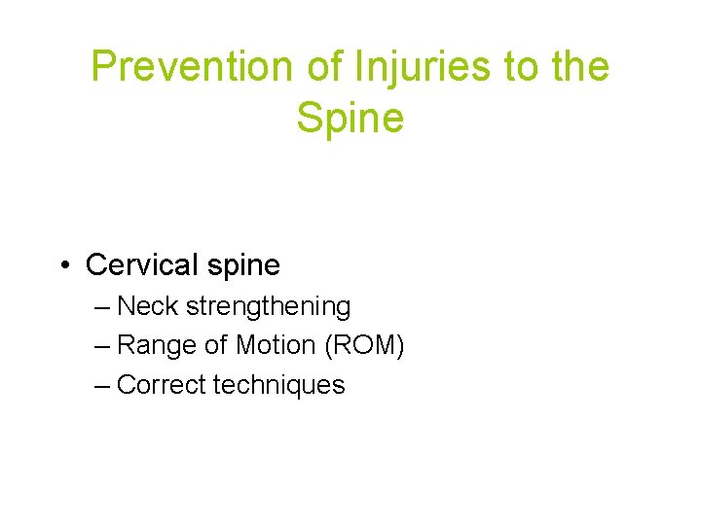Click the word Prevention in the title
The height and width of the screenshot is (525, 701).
175,67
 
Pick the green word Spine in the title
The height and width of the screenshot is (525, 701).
350,118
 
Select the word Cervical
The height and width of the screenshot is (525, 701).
140,264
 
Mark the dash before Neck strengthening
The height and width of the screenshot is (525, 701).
104,307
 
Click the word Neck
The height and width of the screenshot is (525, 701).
148,306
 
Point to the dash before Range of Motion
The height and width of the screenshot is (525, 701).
104,346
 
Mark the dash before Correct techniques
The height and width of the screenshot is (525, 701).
104,385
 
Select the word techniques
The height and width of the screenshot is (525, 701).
278,385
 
